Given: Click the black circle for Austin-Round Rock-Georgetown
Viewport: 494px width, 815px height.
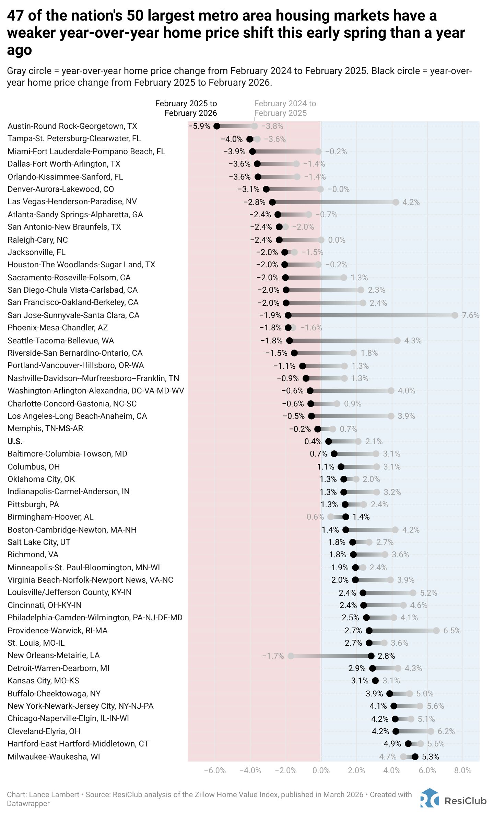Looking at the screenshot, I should [x=217, y=126].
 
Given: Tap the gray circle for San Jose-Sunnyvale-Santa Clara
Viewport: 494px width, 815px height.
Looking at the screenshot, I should [x=455, y=315].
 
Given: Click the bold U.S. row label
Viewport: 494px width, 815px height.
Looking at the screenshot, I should [x=15, y=441].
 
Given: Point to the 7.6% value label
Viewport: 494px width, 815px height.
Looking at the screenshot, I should [x=470, y=315].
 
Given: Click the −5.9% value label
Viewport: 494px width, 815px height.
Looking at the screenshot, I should [x=199, y=126].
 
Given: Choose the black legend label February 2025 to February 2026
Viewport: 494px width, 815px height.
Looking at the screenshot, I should [x=186, y=108].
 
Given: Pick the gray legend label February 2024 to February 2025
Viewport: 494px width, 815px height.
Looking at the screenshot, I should [x=285, y=108].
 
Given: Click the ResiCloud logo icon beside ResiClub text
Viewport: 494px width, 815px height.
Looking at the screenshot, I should [x=429, y=798].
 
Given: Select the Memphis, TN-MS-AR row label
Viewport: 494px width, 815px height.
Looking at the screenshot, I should [x=45, y=428].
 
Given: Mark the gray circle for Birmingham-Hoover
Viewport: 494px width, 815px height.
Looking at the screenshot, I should [x=330, y=517].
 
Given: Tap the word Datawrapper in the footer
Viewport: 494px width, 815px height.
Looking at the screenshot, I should [x=28, y=804].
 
